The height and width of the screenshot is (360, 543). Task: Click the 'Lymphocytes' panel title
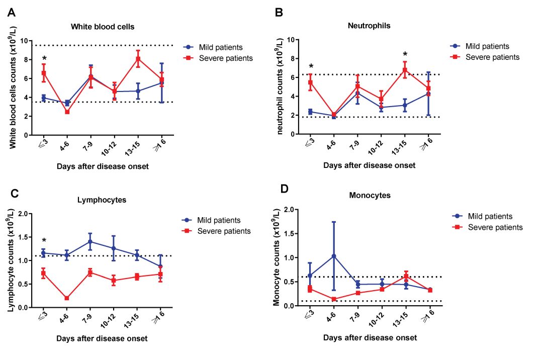102,200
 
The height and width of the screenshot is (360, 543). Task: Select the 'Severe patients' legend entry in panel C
223,231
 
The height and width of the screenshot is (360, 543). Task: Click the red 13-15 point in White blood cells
137,59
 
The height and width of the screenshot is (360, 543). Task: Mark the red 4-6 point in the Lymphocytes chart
67,298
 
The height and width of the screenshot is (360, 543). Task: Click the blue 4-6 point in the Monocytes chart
334,256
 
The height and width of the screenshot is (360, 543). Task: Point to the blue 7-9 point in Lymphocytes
90,241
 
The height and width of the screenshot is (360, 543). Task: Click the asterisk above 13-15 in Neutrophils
405,54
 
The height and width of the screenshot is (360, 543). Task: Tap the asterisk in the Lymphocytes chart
44,240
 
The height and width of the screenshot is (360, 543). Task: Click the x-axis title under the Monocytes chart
370,338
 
